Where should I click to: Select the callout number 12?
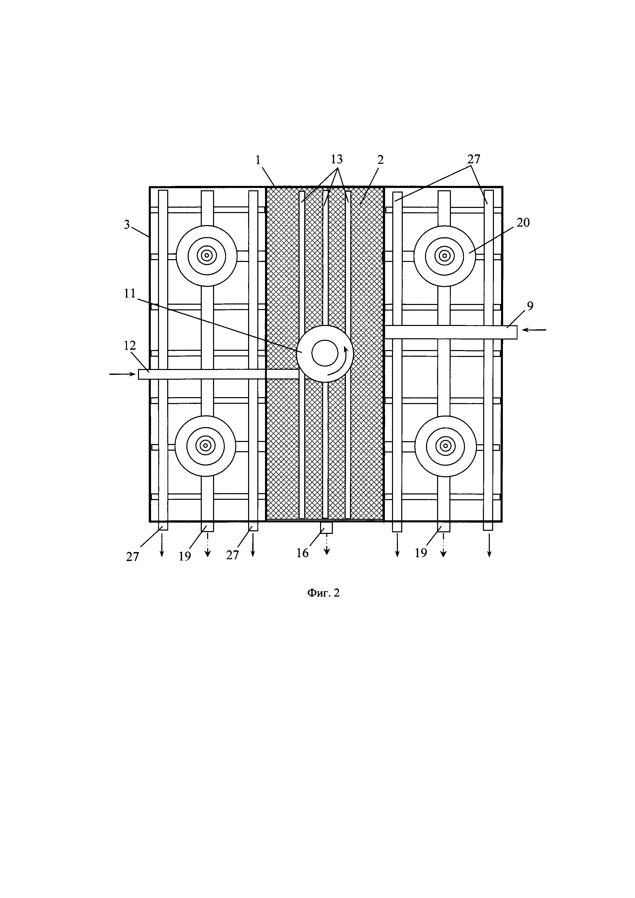130,345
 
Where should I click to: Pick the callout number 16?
302,553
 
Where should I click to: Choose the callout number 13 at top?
337,159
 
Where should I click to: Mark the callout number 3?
127,225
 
